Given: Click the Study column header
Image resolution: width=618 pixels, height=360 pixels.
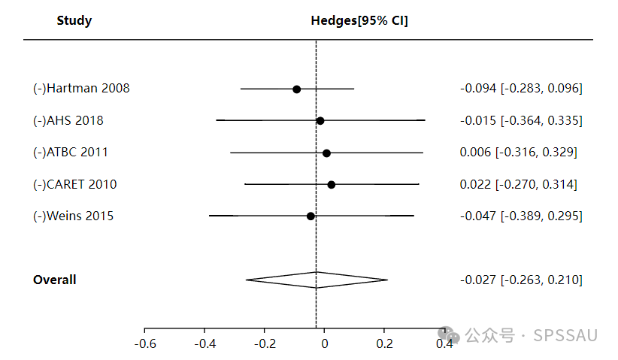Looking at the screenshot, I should (74, 20).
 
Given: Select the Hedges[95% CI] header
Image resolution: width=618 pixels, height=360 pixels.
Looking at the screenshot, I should (359, 20).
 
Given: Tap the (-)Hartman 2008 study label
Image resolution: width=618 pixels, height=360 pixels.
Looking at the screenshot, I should (81, 88).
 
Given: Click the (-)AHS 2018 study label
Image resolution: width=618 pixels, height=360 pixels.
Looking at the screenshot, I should (68, 120).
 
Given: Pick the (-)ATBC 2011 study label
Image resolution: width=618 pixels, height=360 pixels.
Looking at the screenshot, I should (71, 152).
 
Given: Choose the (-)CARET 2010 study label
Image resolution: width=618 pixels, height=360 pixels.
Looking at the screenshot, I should (75, 184).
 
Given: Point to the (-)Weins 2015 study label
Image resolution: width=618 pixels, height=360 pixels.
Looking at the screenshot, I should (74, 216).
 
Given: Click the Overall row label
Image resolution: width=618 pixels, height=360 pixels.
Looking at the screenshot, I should (55, 280).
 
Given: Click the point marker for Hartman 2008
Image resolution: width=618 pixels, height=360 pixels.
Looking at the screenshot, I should (297, 89).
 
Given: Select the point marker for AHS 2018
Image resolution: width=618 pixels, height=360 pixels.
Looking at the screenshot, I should (320, 120).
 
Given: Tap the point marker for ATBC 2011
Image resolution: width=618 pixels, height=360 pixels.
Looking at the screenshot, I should (326, 153).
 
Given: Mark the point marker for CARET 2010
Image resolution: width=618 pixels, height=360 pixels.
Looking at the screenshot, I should (332, 184).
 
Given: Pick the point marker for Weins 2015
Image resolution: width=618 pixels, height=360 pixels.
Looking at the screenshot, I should (311, 216).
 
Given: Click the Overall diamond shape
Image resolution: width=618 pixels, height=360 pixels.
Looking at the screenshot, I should (317, 280).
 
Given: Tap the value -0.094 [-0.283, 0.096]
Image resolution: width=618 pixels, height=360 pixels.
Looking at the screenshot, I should (521, 88).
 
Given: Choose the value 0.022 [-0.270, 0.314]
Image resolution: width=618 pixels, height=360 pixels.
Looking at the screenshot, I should (519, 184).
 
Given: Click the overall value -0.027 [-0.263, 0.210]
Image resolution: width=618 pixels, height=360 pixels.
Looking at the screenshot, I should (521, 280).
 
